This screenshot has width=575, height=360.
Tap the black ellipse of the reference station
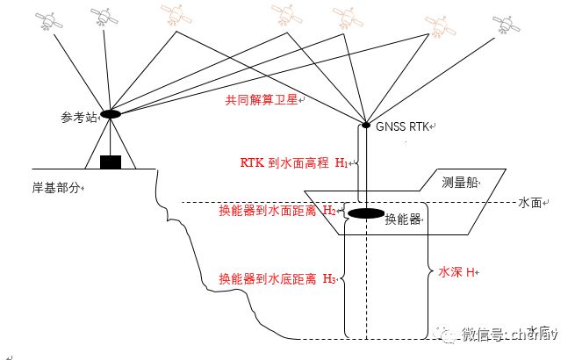point(111,114)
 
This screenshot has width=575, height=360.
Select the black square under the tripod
point(110,162)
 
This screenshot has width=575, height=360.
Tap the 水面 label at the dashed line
point(530,203)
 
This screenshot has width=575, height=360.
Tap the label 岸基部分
point(55,187)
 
